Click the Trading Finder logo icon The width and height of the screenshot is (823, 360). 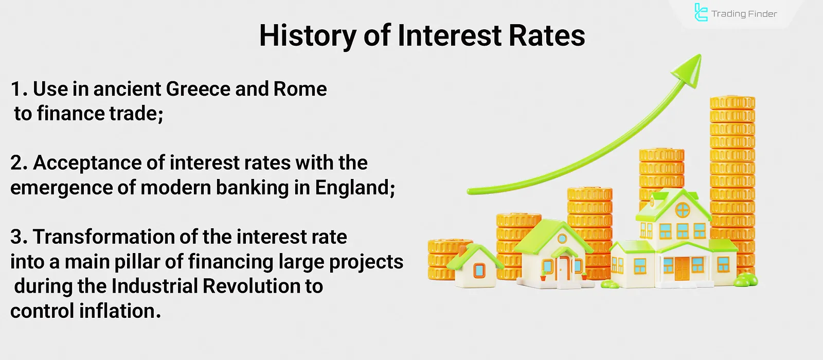(701, 12)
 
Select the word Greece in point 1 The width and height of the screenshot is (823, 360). (198, 89)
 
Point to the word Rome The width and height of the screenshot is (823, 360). (300, 89)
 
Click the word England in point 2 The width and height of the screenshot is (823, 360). (355, 188)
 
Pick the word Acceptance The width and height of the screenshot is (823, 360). (87, 164)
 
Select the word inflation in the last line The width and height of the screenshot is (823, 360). (120, 311)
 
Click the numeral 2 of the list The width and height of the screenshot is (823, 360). (16, 163)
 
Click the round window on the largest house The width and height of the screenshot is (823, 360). (683, 210)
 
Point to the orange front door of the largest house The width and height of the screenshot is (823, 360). (682, 268)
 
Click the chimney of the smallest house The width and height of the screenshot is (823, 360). (462, 250)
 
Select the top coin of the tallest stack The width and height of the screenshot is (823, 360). (732, 102)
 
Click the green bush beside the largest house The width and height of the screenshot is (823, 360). (746, 280)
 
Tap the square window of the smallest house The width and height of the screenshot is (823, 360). (479, 271)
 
